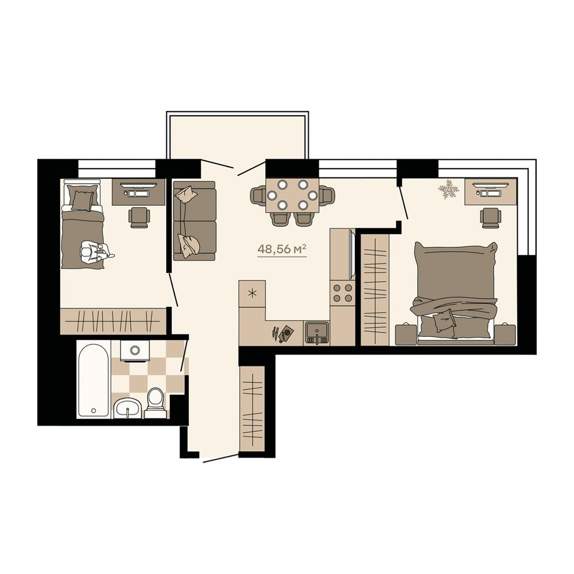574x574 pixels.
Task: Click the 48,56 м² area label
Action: point(282,249)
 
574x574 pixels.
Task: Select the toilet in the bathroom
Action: point(155,402)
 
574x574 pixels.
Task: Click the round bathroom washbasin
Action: point(127,408)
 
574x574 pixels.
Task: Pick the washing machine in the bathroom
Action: point(135,351)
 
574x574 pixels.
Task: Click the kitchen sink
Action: point(317,333)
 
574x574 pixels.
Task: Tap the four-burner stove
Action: point(343,293)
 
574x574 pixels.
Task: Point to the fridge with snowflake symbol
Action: point(252,293)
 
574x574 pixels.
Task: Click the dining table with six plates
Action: point(292,195)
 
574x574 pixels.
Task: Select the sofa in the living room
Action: point(195,221)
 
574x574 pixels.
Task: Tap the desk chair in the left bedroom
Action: point(139,218)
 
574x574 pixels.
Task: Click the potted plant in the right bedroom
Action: point(449,189)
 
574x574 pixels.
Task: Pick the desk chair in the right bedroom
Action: point(491,218)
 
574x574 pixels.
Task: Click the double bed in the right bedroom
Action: point(455,293)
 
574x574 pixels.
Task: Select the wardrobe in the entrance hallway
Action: point(252,409)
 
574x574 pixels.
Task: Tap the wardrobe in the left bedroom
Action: point(113,321)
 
